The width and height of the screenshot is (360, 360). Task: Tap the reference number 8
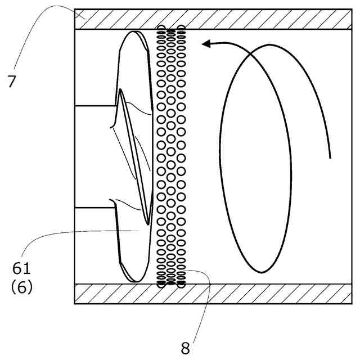tap(186, 348)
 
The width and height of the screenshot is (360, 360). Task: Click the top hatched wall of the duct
tap(214, 19)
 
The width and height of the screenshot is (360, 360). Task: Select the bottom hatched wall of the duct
tap(214, 294)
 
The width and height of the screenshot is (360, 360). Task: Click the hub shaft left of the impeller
tap(94, 156)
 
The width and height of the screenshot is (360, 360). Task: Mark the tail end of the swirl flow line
tap(330, 157)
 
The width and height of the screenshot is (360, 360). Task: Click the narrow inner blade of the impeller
tap(134, 157)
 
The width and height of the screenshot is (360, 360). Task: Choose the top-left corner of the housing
tap(75, 10)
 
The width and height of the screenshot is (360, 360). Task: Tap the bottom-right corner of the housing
tap(352, 303)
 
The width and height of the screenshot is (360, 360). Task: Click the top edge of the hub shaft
tap(96, 105)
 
